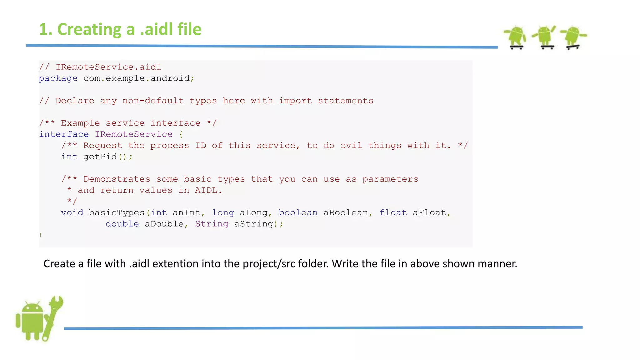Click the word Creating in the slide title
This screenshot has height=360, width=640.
tap(90, 30)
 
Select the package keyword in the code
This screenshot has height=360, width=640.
tap(58, 78)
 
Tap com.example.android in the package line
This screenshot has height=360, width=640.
tap(137, 78)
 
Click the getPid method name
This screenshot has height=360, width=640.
tap(100, 157)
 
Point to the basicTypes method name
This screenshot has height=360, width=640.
tap(116, 213)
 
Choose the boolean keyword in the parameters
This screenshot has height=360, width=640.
tap(298, 213)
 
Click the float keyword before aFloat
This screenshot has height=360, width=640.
tap(393, 213)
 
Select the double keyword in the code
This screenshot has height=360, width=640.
tap(122, 224)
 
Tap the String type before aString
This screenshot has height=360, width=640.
tap(212, 224)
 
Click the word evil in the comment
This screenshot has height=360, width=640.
tap(351, 146)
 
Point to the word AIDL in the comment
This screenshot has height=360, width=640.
tap(206, 190)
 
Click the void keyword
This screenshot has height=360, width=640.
tap(72, 213)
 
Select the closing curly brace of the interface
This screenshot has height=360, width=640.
tap(40, 235)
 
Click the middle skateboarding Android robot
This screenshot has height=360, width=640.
tap(544, 37)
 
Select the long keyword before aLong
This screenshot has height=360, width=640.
tap(223, 213)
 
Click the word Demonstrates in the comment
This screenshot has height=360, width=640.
tap(117, 179)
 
